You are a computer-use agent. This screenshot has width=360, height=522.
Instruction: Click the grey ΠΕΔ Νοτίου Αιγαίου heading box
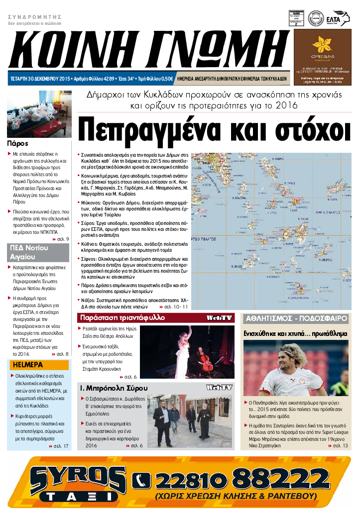[38, 252]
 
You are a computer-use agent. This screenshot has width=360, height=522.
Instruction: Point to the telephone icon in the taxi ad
[141, 480]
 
